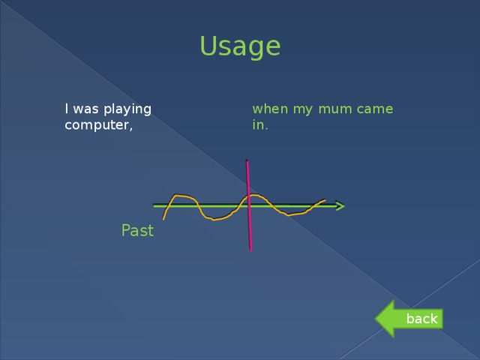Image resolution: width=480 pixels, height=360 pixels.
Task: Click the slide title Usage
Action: (240, 46)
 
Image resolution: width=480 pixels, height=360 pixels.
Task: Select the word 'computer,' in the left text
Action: (98, 125)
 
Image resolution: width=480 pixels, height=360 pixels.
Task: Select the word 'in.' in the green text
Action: (260, 125)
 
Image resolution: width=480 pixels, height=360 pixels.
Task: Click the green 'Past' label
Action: (137, 231)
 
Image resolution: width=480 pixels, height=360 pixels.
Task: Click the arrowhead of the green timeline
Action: (340, 205)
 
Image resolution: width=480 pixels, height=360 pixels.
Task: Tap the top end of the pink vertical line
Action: (246, 160)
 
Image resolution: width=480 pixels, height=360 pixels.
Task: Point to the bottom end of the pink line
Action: (250, 248)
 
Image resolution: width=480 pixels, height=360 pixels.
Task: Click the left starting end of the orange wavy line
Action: (163, 218)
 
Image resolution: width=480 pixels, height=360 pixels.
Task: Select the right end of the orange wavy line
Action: (324, 200)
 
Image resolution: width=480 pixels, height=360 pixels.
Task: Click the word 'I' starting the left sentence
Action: (67, 109)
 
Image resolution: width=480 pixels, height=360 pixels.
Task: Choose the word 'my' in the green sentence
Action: (304, 109)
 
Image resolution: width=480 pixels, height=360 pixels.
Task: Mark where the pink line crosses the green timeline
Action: (248, 204)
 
